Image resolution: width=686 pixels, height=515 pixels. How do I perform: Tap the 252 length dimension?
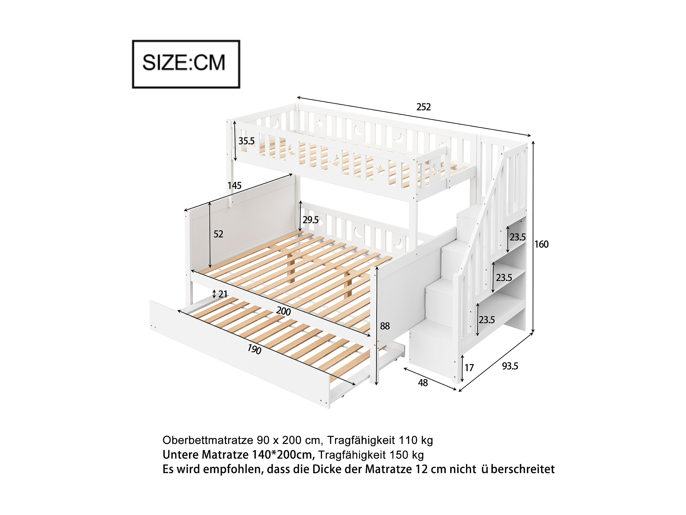click(x=423, y=107)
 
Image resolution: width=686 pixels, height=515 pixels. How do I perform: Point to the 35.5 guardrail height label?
click(x=246, y=141)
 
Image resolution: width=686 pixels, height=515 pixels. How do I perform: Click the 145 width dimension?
click(x=234, y=186)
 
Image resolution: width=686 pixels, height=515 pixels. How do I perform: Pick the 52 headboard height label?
click(x=218, y=234)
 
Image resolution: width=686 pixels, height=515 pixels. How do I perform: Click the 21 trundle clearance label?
click(x=223, y=294)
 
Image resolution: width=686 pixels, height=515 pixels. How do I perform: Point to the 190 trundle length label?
click(x=254, y=349)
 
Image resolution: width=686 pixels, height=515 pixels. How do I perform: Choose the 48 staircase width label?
click(x=423, y=383)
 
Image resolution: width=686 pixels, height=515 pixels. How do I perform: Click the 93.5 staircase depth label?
click(x=510, y=366)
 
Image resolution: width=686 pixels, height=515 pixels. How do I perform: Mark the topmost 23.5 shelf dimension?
click(x=518, y=237)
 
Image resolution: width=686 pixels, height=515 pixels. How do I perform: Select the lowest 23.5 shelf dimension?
click(x=487, y=320)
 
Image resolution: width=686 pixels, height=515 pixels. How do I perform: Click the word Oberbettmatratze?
click(x=208, y=440)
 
